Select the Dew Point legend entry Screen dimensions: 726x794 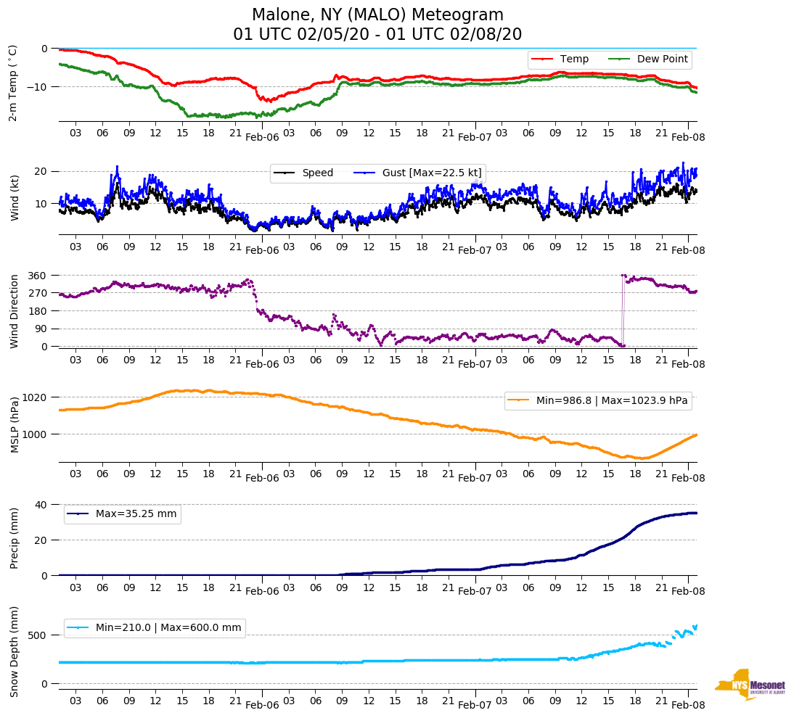(663, 59)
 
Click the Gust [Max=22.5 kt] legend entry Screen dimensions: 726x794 (432, 173)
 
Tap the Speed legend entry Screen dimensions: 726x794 (317, 173)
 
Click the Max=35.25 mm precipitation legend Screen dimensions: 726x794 (136, 513)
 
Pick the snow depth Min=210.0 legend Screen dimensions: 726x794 (168, 627)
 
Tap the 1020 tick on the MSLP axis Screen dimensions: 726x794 (36, 397)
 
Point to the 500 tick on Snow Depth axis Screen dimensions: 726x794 (38, 635)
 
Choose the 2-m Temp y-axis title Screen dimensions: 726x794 (13, 82)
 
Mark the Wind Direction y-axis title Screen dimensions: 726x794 (13, 310)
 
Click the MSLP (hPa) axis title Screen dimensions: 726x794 (13, 425)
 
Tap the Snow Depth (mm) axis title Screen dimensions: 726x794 (13, 651)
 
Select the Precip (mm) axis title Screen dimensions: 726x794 (13, 539)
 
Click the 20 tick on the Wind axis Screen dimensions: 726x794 (41, 171)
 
